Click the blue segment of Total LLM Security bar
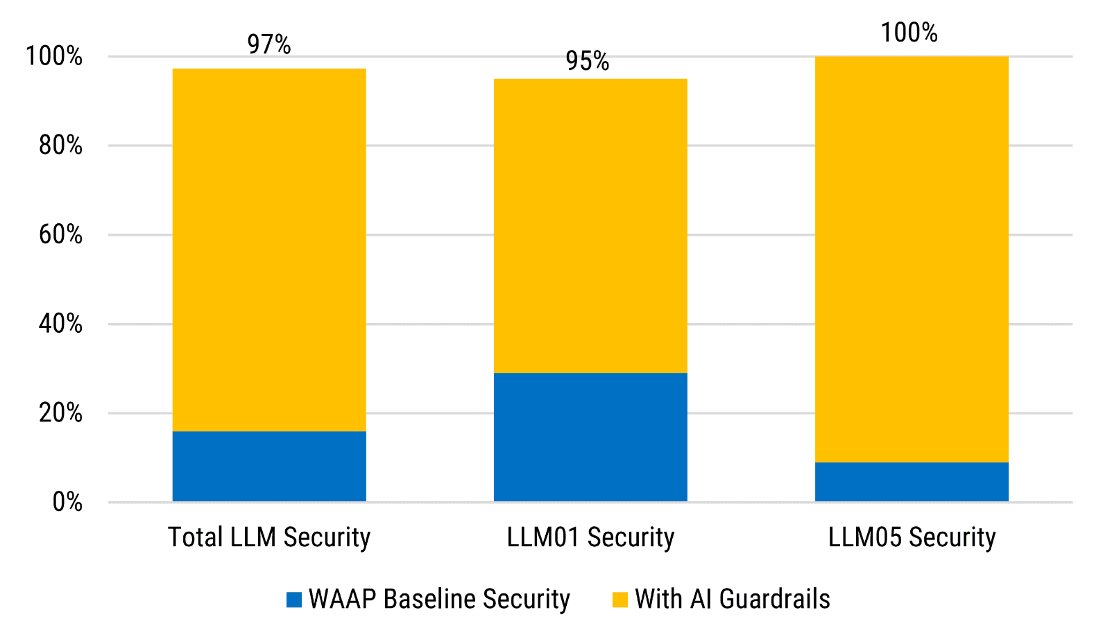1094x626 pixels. pyautogui.click(x=269, y=466)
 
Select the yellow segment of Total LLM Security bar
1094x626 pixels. pyautogui.click(x=269, y=250)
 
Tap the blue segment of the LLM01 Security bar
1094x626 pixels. pyautogui.click(x=590, y=437)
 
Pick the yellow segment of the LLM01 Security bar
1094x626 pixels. pyautogui.click(x=590, y=225)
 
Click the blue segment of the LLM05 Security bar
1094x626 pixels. pyautogui.click(x=912, y=481)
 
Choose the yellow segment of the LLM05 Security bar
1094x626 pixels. pyautogui.click(x=912, y=259)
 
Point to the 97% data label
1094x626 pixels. pyautogui.click(x=269, y=44)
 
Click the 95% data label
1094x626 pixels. pyautogui.click(x=588, y=61)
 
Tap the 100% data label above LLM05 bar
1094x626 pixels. pyautogui.click(x=909, y=33)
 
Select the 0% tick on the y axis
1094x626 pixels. pyautogui.click(x=67, y=502)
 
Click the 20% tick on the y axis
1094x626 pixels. pyautogui.click(x=60, y=413)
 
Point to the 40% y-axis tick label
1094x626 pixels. pyautogui.click(x=60, y=324)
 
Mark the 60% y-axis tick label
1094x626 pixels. pyautogui.click(x=60, y=235)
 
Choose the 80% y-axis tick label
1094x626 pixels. pyautogui.click(x=60, y=146)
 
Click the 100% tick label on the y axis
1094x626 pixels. pyautogui.click(x=54, y=56)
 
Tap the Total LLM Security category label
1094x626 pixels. pyautogui.click(x=269, y=537)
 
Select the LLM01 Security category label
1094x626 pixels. pyautogui.click(x=590, y=537)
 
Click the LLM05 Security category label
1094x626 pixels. pyautogui.click(x=912, y=537)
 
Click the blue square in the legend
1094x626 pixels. pyautogui.click(x=294, y=600)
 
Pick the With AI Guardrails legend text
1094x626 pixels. pyautogui.click(x=733, y=599)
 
